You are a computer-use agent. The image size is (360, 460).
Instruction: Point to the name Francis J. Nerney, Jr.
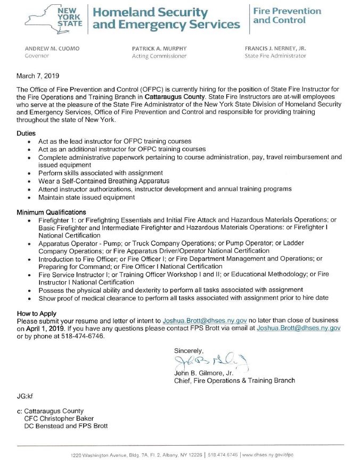[x=275, y=48]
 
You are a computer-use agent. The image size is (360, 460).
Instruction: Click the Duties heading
[x=26, y=134]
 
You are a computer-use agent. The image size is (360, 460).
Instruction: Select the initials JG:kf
[x=26, y=397]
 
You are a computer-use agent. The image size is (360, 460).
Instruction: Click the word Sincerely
[x=189, y=350]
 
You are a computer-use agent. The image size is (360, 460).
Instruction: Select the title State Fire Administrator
[x=275, y=56]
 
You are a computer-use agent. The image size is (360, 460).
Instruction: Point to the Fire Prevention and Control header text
[x=287, y=15]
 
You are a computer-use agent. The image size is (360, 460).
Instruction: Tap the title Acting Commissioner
[x=159, y=56]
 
